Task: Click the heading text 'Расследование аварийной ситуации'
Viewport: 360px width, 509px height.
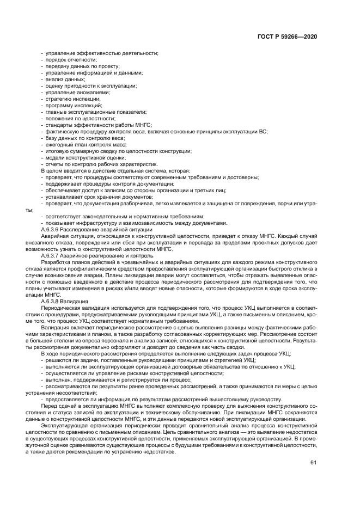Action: pos(102,230)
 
